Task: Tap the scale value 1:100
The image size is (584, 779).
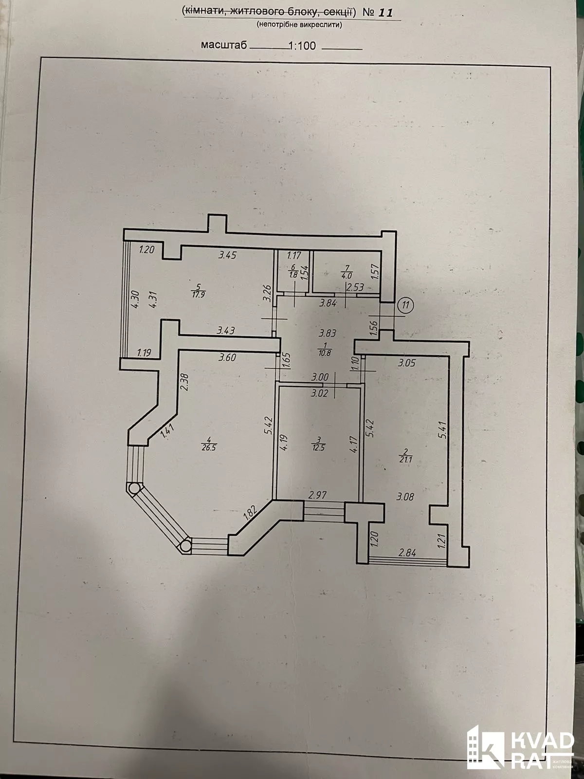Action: [302, 46]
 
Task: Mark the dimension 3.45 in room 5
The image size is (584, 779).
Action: [227, 255]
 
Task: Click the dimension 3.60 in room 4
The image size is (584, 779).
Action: [227, 358]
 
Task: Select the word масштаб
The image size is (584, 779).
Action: [224, 45]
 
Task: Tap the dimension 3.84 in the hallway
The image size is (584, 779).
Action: [328, 303]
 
